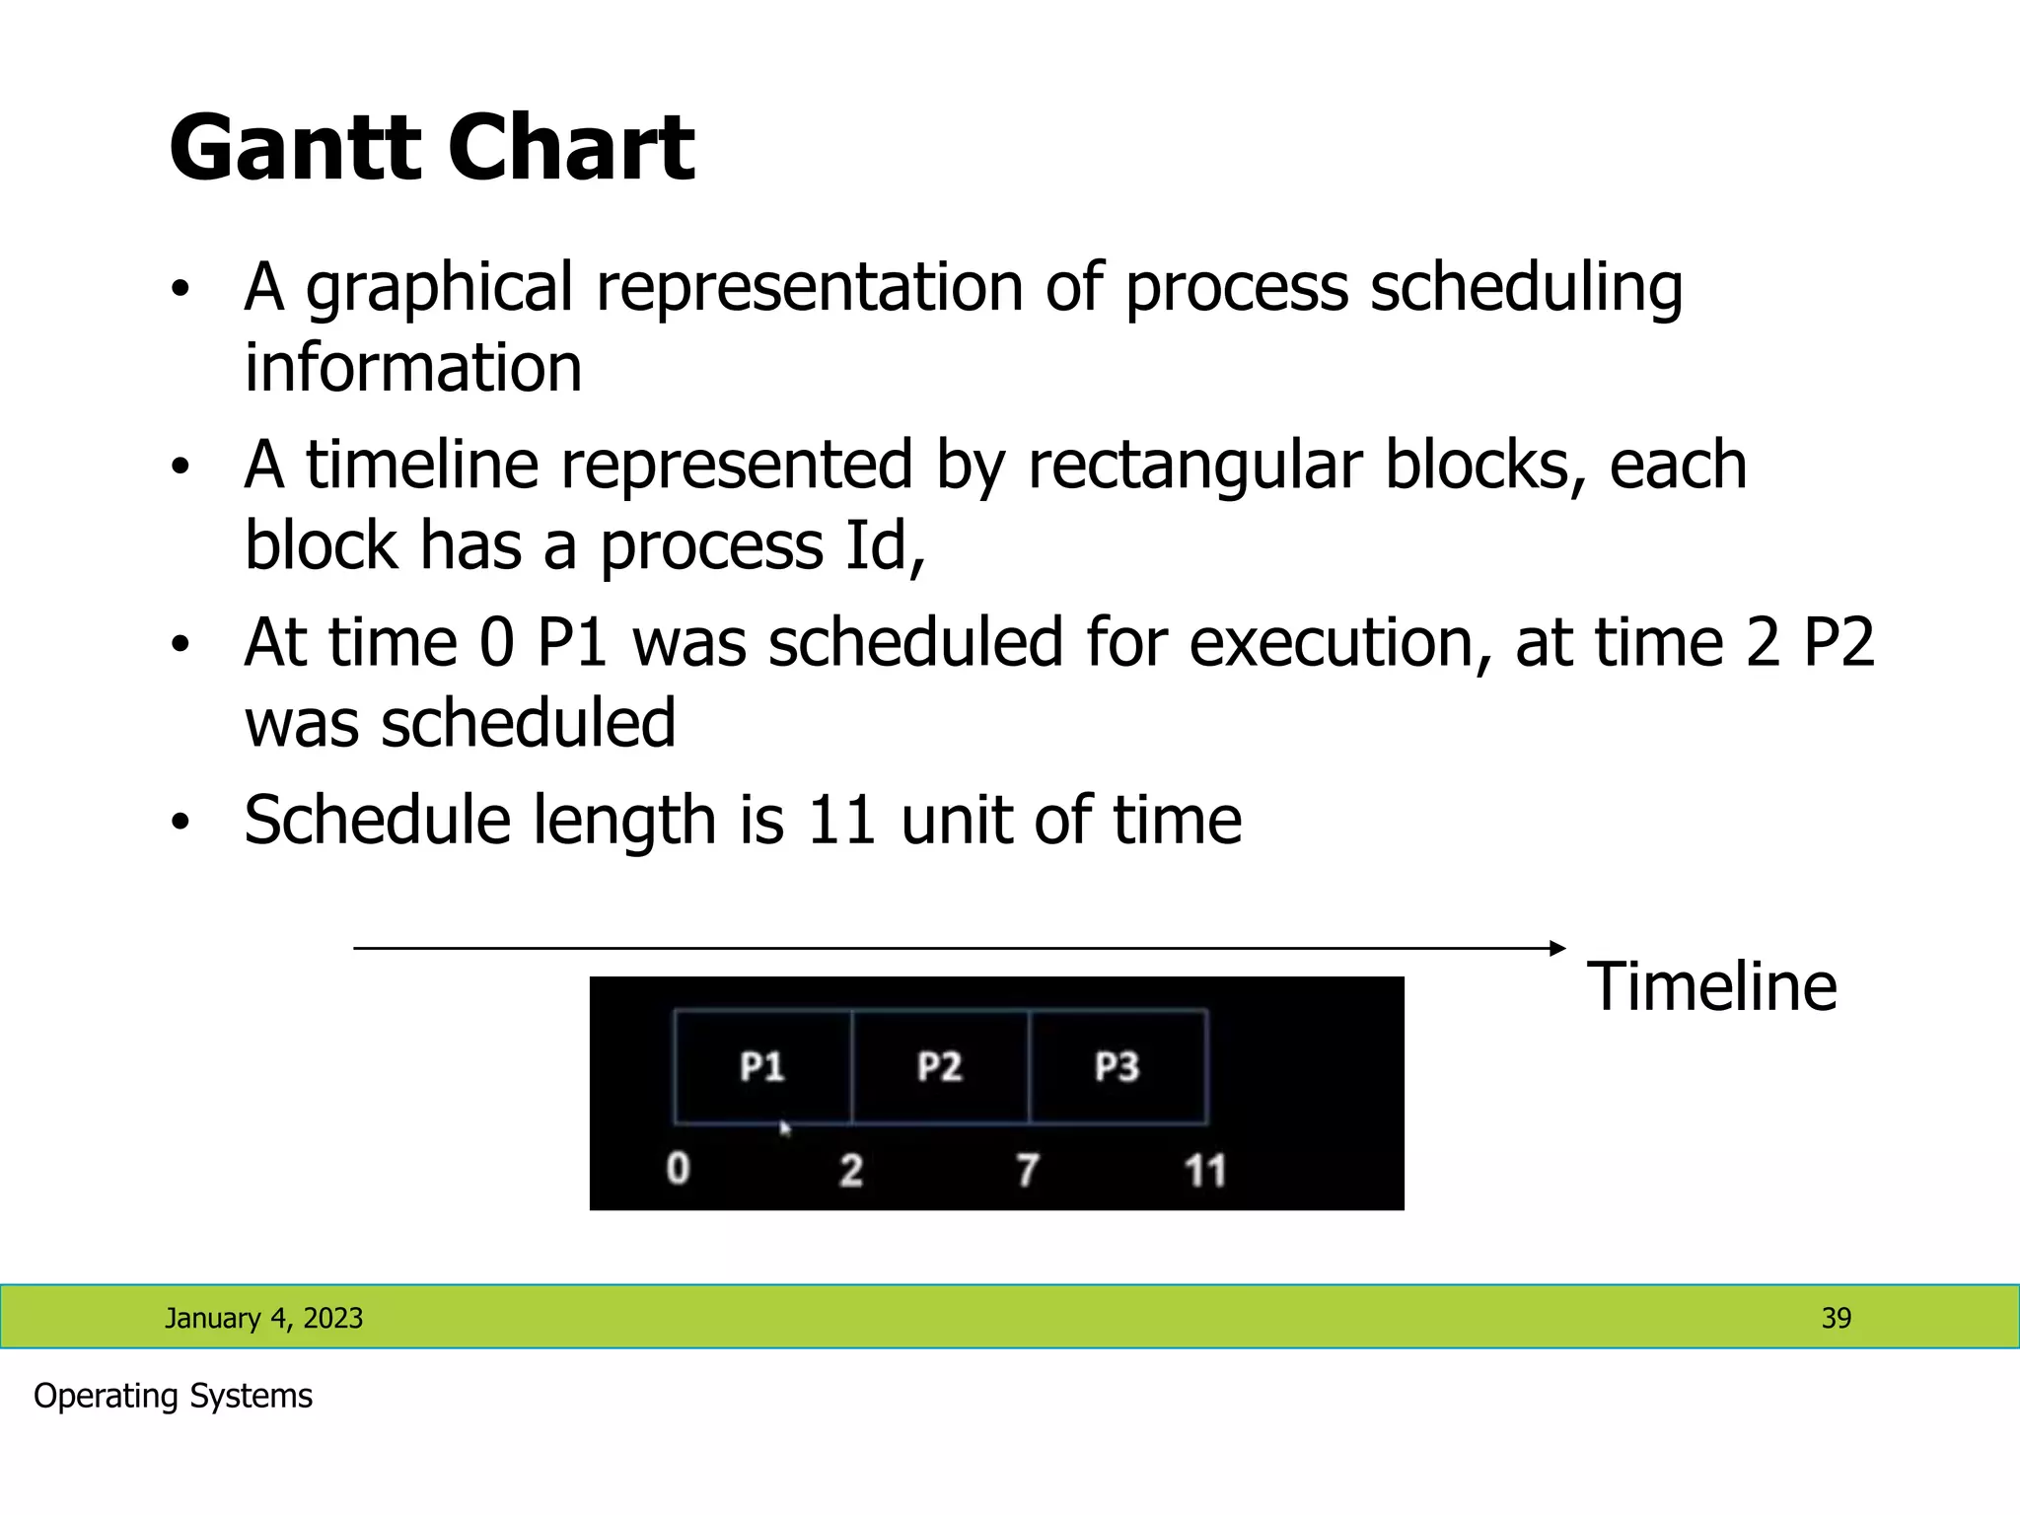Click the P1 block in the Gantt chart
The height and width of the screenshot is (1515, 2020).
coord(762,1066)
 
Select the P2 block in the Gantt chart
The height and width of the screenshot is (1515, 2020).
coord(940,1066)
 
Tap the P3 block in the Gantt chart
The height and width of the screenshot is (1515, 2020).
coord(1118,1066)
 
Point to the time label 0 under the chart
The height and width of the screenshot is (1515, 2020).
coord(678,1169)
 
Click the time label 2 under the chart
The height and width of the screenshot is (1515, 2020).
coord(851,1171)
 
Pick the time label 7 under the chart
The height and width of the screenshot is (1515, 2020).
coord(1028,1171)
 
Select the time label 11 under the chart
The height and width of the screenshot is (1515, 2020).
coord(1204,1171)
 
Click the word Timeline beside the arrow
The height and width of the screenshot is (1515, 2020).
coord(1711,986)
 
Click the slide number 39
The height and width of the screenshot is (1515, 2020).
coord(1836,1318)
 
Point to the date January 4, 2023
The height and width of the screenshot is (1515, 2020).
coord(263,1318)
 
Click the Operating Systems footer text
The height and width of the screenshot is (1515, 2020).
coord(173,1396)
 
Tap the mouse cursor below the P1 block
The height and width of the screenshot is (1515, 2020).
coord(785,1128)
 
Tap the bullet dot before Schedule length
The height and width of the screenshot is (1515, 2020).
coord(179,822)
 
